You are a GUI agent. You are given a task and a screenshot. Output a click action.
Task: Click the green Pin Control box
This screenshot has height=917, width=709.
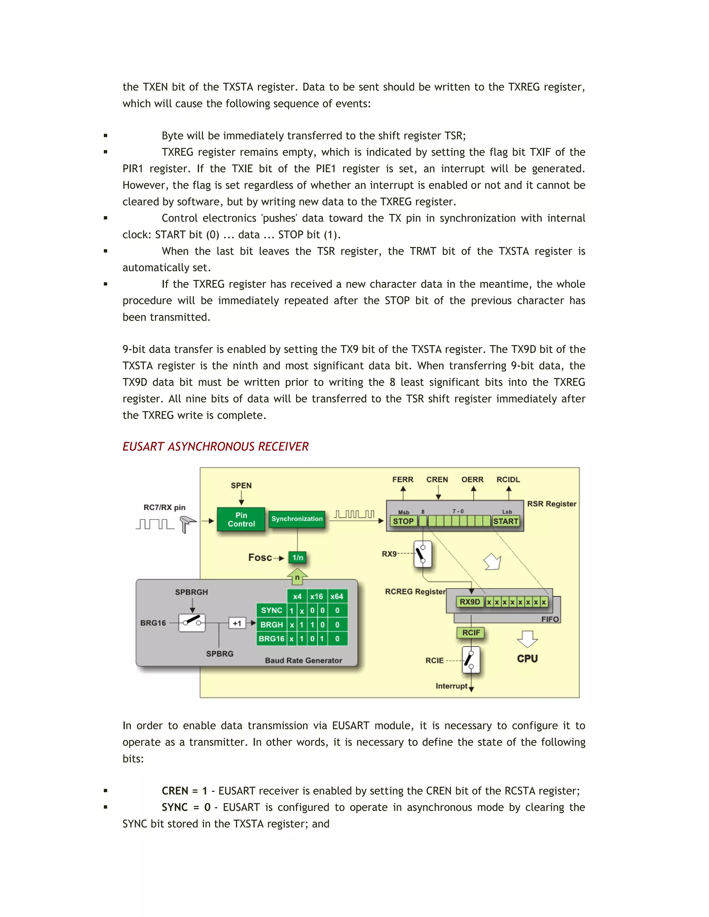[x=241, y=519]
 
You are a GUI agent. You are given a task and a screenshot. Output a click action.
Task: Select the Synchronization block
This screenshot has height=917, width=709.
[x=297, y=519]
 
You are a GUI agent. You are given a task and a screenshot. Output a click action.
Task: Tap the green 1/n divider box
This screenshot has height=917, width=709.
[x=298, y=557]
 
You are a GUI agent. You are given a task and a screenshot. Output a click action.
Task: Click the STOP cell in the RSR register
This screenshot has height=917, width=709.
[x=403, y=521]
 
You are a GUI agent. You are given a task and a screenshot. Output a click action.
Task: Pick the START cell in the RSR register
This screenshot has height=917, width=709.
[x=505, y=521]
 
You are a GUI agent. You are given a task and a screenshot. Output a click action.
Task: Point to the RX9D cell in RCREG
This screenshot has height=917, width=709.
[x=469, y=602]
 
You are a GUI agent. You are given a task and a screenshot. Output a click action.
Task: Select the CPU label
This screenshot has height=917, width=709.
[x=527, y=659]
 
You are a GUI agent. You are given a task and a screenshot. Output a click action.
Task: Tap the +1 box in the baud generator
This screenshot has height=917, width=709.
[x=237, y=624]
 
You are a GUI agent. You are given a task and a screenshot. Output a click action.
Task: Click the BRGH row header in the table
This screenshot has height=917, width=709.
[x=271, y=625]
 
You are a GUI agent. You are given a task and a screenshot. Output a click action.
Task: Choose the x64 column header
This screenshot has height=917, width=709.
[x=336, y=597]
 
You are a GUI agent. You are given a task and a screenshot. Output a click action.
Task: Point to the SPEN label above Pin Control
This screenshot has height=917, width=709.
[x=241, y=486]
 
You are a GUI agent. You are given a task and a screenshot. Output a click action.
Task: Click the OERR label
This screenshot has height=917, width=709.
[x=473, y=480]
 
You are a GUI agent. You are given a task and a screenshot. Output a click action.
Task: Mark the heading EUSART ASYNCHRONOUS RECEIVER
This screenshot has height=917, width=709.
[x=215, y=447]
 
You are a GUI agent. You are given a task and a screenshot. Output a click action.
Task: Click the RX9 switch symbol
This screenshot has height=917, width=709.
[x=423, y=554]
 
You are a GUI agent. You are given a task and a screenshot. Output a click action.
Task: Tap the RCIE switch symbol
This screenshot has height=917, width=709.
[x=470, y=660]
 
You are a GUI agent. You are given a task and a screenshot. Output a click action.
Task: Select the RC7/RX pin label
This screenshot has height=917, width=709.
[x=164, y=508]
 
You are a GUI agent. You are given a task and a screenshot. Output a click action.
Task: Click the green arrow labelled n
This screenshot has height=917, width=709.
[x=297, y=576]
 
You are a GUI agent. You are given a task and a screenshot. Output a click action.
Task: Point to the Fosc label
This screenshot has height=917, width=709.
[x=260, y=557]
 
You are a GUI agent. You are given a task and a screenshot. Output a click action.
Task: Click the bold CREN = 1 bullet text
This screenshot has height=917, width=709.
[x=185, y=791]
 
